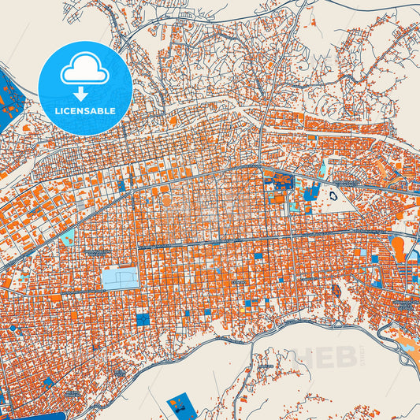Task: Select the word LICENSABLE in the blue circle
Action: coord(84,111)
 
